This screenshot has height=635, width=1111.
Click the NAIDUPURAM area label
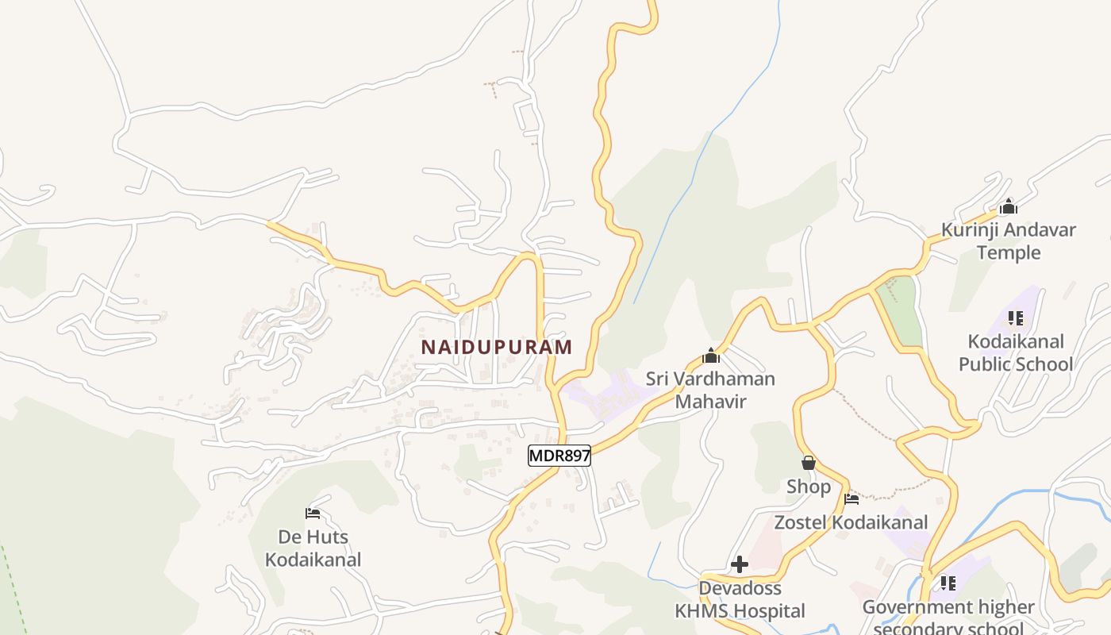tap(496, 348)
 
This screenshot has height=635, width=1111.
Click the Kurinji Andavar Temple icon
tap(1009, 207)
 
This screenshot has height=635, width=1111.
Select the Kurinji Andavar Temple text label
tap(1009, 241)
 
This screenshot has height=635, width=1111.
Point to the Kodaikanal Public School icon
tap(1015, 318)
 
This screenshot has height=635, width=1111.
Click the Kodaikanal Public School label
tap(1015, 353)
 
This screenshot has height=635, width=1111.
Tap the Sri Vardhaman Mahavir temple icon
tap(711, 356)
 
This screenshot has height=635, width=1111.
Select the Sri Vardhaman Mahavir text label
tap(710, 390)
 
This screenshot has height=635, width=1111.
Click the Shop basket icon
tap(809, 463)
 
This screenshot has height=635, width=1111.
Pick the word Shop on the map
tap(809, 487)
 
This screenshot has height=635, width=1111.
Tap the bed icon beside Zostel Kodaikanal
tap(852, 499)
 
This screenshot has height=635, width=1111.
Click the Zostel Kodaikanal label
tap(851, 522)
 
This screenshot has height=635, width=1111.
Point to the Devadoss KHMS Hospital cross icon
tap(740, 564)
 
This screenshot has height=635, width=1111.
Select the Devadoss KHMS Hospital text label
tap(740, 599)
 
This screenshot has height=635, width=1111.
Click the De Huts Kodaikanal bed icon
tap(313, 514)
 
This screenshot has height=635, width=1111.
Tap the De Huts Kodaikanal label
tap(313, 548)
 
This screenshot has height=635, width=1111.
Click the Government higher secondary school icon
tap(948, 583)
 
